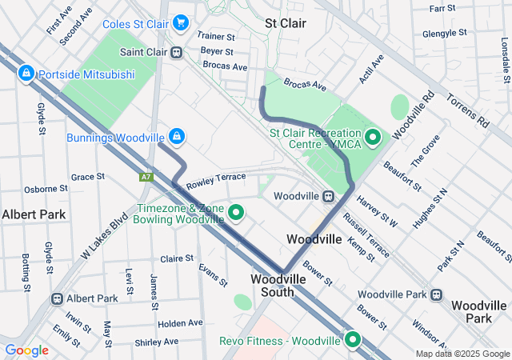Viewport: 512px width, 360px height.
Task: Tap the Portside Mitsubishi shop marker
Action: [x=26, y=74]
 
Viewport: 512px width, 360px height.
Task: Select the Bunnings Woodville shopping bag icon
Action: [x=176, y=138]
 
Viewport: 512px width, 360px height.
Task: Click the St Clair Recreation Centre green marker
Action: [x=372, y=139]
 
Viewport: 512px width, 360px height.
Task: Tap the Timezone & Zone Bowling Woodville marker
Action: [x=236, y=213]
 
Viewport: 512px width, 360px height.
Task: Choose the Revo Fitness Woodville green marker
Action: [x=352, y=341]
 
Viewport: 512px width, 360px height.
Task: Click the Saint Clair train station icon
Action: [x=176, y=52]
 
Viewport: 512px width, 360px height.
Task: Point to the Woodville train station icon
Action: [x=328, y=196]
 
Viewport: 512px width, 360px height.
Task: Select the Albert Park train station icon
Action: [x=57, y=298]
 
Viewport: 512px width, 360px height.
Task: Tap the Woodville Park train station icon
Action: [x=435, y=294]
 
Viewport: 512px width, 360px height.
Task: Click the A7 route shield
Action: [x=146, y=177]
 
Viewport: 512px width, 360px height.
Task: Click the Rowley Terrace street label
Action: [x=215, y=181]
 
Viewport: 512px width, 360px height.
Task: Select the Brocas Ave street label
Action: [x=304, y=84]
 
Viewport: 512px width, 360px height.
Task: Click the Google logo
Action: [x=26, y=350]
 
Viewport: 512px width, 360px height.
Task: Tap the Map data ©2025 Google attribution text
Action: [x=462, y=354]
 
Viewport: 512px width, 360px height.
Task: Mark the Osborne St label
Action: [x=46, y=189]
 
